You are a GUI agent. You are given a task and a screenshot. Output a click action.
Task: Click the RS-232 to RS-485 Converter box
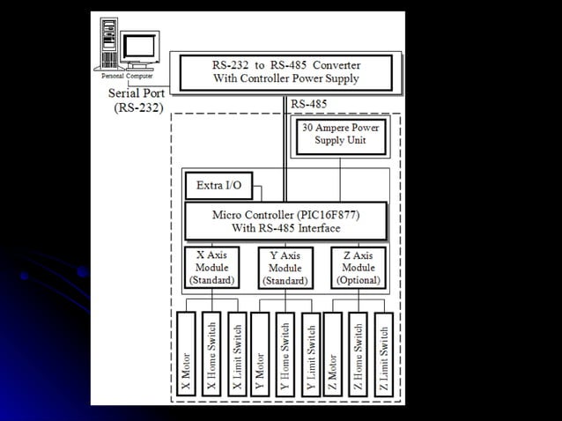286,72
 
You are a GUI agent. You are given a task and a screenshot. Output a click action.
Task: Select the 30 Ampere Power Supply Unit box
340,135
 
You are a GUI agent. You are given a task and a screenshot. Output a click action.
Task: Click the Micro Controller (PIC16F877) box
286,221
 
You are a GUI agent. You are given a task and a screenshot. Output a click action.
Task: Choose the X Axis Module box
212,267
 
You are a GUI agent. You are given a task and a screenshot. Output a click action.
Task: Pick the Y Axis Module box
285,268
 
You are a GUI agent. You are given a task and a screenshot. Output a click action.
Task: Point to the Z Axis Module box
359,267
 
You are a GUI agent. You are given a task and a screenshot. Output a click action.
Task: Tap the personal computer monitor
139,46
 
